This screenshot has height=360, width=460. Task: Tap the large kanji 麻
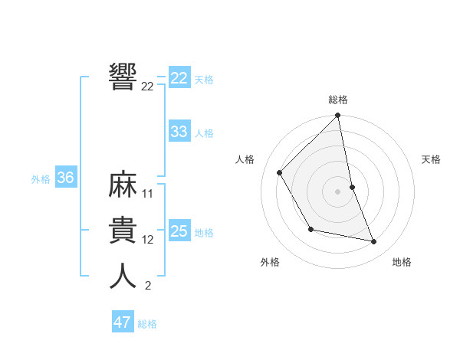coord(123,185)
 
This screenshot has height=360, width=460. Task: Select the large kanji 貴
coord(123,230)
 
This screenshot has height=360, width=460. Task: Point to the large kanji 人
coord(123,276)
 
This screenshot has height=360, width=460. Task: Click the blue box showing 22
coord(179,77)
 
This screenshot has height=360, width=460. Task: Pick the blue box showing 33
coord(179,132)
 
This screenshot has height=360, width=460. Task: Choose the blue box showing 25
coord(179,231)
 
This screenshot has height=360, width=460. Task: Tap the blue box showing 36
coord(65,178)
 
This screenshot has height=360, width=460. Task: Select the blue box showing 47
coord(123,322)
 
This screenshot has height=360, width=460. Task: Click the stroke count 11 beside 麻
coord(148,194)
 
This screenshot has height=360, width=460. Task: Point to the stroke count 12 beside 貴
coord(148,240)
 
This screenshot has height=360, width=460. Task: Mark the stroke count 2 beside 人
coord(147,286)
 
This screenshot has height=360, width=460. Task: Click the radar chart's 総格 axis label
coord(338,100)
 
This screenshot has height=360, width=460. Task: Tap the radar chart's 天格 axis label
coord(432,159)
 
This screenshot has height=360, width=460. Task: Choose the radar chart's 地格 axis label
coord(402,262)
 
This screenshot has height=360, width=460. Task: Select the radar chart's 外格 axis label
coord(270,262)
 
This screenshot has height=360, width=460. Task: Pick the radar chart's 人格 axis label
coord(245,159)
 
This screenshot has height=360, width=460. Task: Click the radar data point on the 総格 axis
coord(338,116)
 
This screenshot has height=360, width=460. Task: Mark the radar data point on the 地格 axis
coord(374,241)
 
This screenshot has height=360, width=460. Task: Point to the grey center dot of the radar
coord(338,191)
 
